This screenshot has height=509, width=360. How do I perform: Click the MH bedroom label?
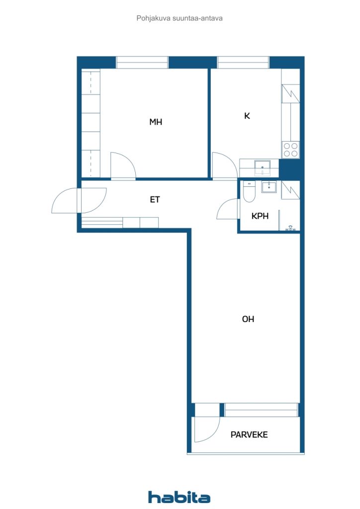coord(156,122)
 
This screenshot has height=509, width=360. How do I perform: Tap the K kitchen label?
coord(247,116)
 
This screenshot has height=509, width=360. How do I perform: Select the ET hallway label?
coord(155,200)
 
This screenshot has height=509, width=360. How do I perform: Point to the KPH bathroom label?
coord(260,216)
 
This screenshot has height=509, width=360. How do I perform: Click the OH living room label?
coord(248,319)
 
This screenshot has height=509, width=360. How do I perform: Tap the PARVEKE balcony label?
coord(249,434)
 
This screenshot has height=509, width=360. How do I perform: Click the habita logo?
coord(179,497)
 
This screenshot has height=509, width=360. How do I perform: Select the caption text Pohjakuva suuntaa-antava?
coord(180,18)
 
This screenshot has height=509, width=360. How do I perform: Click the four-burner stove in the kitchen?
coord(290,150)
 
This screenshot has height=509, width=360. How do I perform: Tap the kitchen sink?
coord(262,168)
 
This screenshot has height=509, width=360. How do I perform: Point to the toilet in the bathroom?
coord(249,191)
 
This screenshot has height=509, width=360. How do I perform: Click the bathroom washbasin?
coord(269,187)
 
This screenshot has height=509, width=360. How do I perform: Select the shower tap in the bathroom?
coord(290,228)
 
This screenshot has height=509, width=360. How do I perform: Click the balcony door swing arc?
coord(214,435)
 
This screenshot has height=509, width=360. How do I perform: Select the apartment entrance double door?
coord(79,200)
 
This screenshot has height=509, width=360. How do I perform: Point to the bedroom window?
coord(142,62)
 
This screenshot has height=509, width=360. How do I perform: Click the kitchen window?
coord(243,62)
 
